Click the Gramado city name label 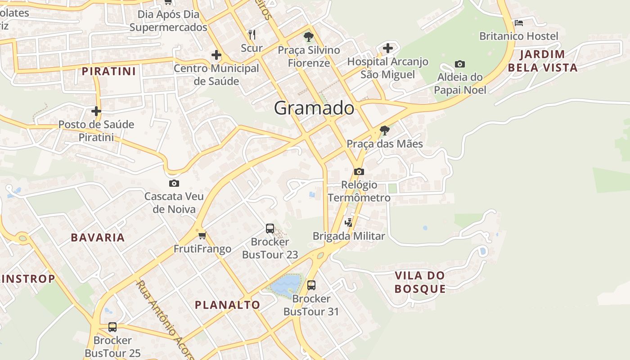[314, 108]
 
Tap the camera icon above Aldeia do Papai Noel [460, 64]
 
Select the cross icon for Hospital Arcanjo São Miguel [388, 48]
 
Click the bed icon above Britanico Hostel [518, 23]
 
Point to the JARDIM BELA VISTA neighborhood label [548, 61]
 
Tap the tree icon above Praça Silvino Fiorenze [308, 36]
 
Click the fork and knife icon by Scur [252, 34]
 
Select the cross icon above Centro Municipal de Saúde [216, 55]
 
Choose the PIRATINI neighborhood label [109, 71]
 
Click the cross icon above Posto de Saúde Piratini [96, 111]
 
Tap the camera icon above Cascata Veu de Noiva [174, 184]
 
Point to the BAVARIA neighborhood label [98, 238]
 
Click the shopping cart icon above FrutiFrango [202, 235]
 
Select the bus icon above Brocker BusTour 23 [270, 229]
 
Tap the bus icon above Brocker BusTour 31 [311, 285]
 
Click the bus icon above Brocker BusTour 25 [112, 327]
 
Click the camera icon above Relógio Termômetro [359, 172]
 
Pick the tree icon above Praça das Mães [384, 130]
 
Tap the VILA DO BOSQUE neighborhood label [420, 282]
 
